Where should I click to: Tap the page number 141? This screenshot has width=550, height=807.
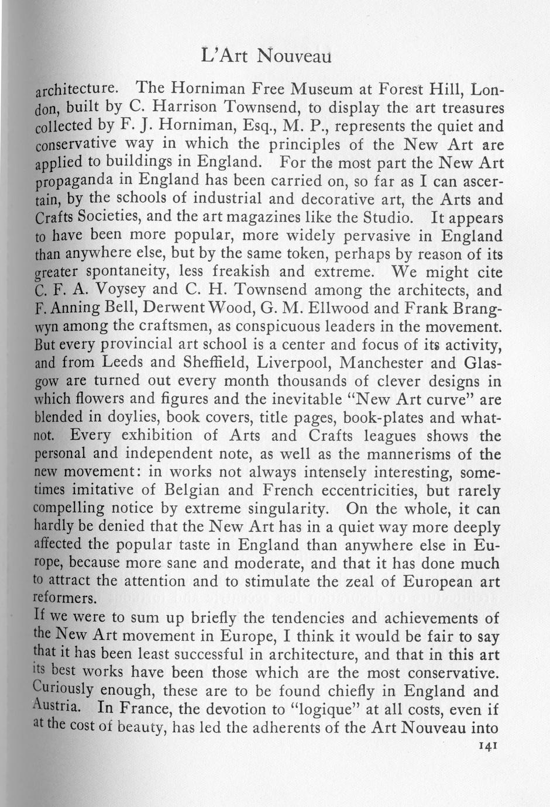[x=487, y=746]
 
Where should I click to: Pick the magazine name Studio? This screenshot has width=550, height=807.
[x=386, y=218]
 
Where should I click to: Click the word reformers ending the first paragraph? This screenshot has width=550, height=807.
[x=64, y=599]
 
